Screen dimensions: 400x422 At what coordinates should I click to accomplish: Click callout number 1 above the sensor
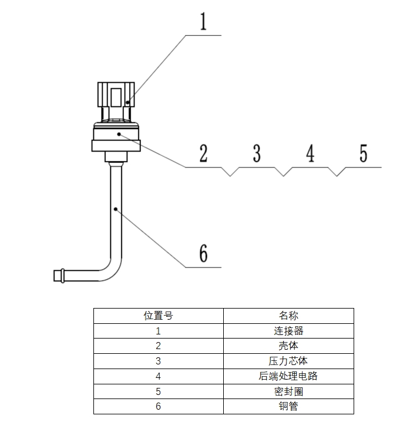click(203, 21)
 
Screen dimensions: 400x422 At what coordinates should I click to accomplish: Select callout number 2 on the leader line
click(204, 153)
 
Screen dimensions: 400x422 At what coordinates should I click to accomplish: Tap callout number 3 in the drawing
click(257, 153)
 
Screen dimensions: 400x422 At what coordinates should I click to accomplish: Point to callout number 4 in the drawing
click(310, 153)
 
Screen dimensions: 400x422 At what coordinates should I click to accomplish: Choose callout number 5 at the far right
click(364, 153)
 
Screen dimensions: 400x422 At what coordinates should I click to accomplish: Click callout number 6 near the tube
click(204, 253)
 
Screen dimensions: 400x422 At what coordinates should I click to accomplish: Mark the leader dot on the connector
click(128, 102)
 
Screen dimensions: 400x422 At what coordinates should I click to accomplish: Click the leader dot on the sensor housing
click(119, 134)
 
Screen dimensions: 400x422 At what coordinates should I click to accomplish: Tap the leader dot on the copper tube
click(115, 209)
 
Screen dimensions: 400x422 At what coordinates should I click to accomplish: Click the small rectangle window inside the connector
click(116, 98)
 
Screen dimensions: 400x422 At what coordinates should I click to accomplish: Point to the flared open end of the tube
click(59, 276)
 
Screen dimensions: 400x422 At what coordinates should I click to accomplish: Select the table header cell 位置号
click(158, 316)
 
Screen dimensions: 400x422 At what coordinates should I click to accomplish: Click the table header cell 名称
click(288, 316)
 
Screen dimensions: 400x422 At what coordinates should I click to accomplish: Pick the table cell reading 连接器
click(288, 331)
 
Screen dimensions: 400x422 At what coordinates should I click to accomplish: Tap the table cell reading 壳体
click(288, 346)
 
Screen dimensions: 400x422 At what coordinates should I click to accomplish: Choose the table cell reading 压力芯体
click(288, 361)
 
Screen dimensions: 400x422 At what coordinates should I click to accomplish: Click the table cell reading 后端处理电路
click(288, 376)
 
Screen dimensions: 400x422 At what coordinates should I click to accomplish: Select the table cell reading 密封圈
click(288, 391)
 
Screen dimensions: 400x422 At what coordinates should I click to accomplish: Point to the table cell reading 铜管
click(288, 406)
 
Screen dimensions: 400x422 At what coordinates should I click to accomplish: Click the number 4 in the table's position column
click(158, 376)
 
